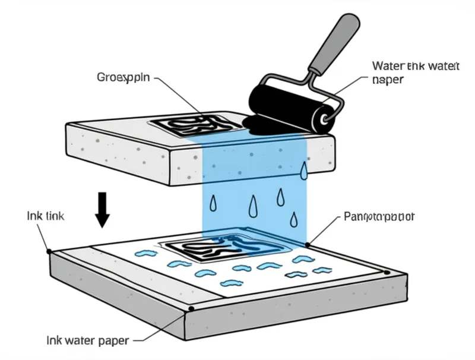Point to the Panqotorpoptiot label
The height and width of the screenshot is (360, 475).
tap(379, 217)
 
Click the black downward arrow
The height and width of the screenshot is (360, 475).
tap(103, 209)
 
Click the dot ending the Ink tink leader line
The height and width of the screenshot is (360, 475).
tap(49, 251)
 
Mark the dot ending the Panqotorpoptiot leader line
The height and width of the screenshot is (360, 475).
tap(308, 244)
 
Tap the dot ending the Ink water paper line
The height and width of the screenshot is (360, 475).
tap(192, 309)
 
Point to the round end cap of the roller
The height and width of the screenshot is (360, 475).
tap(326, 118)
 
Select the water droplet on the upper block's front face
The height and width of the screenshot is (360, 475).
tap(303, 170)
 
